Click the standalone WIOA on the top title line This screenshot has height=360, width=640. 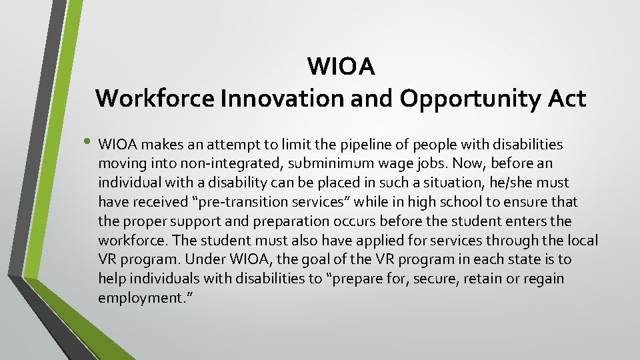tap(341, 67)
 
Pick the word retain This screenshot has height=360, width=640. tap(471, 279)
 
